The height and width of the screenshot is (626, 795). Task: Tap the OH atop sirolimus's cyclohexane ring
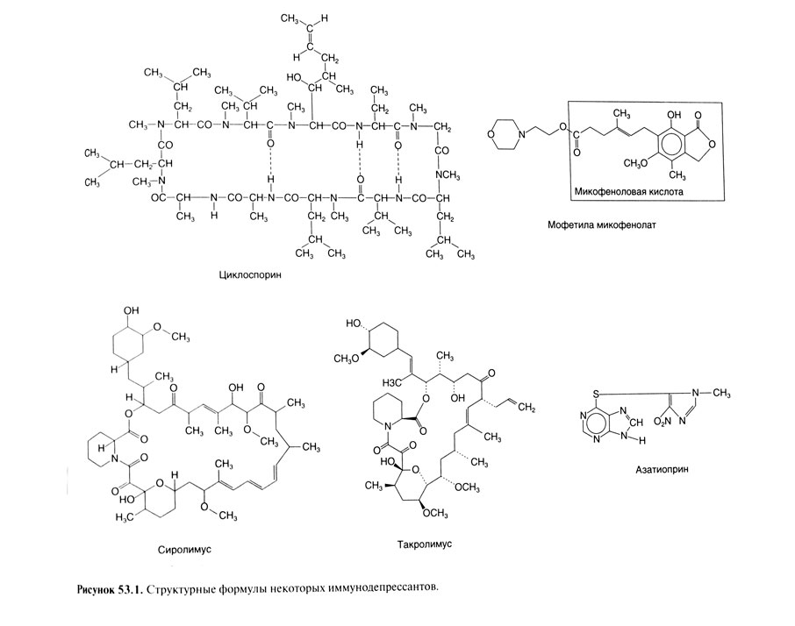[132, 311]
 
